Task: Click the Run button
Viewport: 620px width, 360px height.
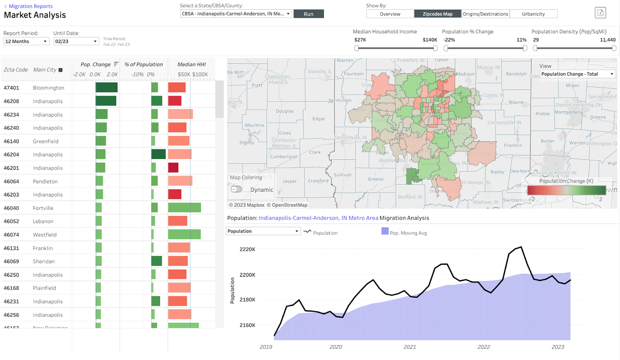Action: [x=308, y=14]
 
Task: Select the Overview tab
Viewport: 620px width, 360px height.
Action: [x=390, y=14]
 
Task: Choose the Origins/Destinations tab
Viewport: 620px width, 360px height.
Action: [x=485, y=14]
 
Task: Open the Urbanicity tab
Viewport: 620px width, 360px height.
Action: [x=533, y=14]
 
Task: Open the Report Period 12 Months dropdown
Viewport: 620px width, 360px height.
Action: [x=26, y=41]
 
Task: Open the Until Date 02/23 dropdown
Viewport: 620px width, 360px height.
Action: [x=76, y=41]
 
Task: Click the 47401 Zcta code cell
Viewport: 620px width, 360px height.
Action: [x=11, y=88]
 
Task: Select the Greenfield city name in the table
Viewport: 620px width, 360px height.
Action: [x=46, y=141]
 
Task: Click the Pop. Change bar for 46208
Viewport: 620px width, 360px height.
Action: [x=106, y=101]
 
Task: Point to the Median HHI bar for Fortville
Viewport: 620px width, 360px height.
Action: [x=184, y=208]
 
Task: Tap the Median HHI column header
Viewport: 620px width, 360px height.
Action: [x=191, y=64]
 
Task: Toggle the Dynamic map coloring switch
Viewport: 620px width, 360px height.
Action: [x=236, y=189]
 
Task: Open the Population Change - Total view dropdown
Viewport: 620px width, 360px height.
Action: [x=577, y=74]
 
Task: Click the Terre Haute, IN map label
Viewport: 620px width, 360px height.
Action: [x=350, y=138]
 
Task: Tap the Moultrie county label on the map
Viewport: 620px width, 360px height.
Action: [x=254, y=126]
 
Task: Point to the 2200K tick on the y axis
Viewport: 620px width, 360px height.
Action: [x=247, y=275]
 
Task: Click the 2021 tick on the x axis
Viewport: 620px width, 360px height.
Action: [x=410, y=347]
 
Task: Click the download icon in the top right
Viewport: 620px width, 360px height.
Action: [x=600, y=13]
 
